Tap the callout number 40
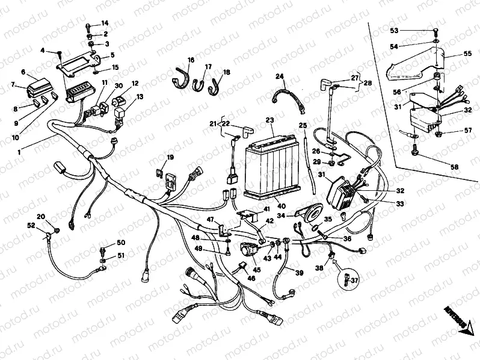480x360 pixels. pyautogui.click(x=264, y=206)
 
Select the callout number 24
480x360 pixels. pyautogui.click(x=279, y=76)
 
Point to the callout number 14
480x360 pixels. pyautogui.click(x=105, y=23)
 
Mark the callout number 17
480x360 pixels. pyautogui.click(x=208, y=67)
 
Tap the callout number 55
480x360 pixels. pyautogui.click(x=467, y=54)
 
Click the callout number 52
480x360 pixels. pyautogui.click(x=31, y=225)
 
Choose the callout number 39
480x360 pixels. pyautogui.click(x=299, y=273)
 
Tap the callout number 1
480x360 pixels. pyautogui.click(x=19, y=152)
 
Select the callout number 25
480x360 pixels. pyautogui.click(x=304, y=125)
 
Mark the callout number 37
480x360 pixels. pyautogui.click(x=355, y=281)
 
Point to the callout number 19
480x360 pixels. pyautogui.click(x=170, y=158)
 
